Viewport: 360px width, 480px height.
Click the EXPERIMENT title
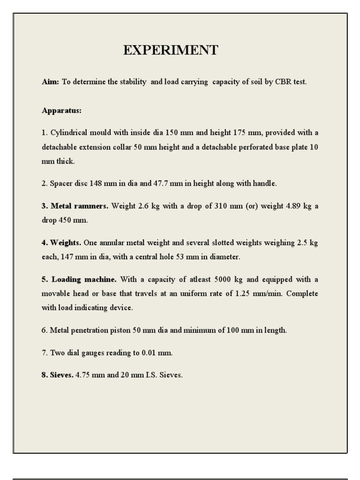point(171,51)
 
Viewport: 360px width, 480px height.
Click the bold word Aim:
point(51,82)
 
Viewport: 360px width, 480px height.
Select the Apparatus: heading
point(61,111)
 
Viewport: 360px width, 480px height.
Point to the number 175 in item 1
point(240,133)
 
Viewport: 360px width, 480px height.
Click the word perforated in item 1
point(260,147)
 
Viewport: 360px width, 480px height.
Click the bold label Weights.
point(66,243)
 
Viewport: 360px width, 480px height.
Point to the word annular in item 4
point(113,243)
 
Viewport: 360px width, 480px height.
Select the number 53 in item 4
point(193,257)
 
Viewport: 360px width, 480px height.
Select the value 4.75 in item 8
point(83,375)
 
